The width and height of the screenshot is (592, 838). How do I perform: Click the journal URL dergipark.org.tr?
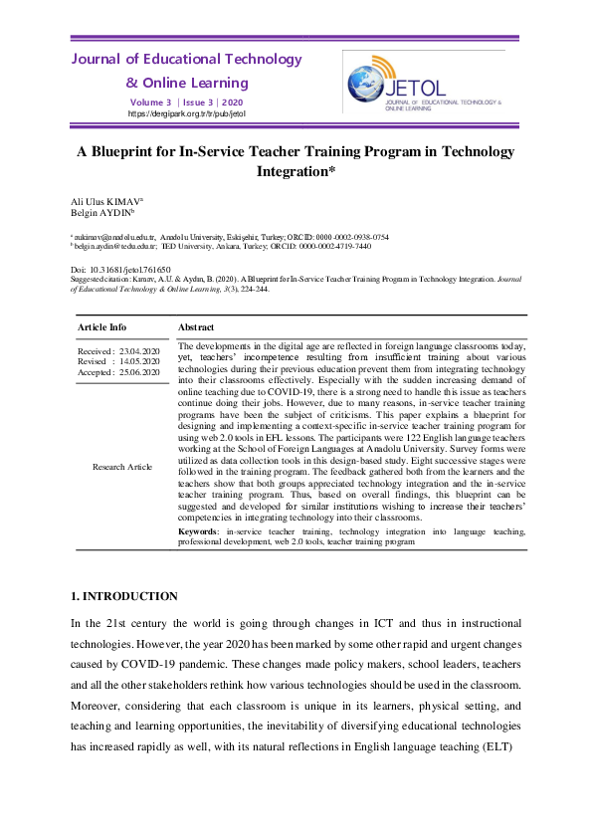(x=187, y=114)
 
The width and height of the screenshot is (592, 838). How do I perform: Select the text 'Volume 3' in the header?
(x=150, y=103)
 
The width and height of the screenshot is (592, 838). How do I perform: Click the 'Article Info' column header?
(x=103, y=326)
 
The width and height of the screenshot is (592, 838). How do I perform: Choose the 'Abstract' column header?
(x=196, y=326)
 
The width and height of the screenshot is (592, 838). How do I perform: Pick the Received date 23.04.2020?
(x=138, y=351)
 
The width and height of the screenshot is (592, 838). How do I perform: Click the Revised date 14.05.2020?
(x=138, y=361)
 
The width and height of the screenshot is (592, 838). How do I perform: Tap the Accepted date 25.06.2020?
(x=138, y=372)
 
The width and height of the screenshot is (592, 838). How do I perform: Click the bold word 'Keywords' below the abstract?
(x=197, y=532)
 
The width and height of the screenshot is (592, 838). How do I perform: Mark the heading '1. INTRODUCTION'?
(x=124, y=596)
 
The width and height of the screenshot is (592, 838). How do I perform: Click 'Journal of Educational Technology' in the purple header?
(x=186, y=60)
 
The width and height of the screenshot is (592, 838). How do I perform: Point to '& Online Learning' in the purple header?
(x=187, y=83)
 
